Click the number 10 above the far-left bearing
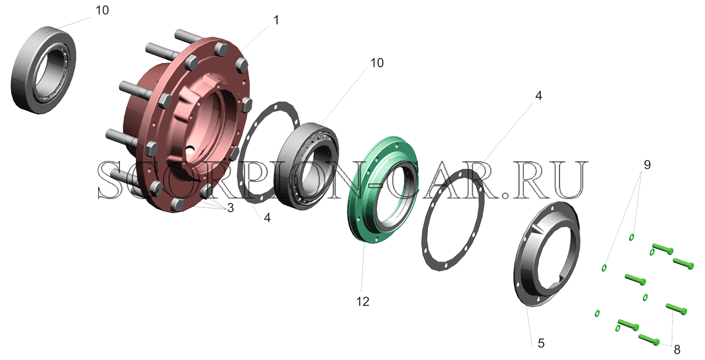(x=102, y=11)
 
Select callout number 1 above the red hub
(x=276, y=20)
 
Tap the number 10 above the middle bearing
(x=377, y=63)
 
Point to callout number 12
(x=363, y=302)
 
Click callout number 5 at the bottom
(x=541, y=343)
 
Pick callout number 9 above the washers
(x=647, y=165)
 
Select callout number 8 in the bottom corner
(x=677, y=349)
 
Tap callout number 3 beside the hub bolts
(x=231, y=208)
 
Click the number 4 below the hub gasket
(x=267, y=218)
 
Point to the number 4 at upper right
(x=538, y=96)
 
